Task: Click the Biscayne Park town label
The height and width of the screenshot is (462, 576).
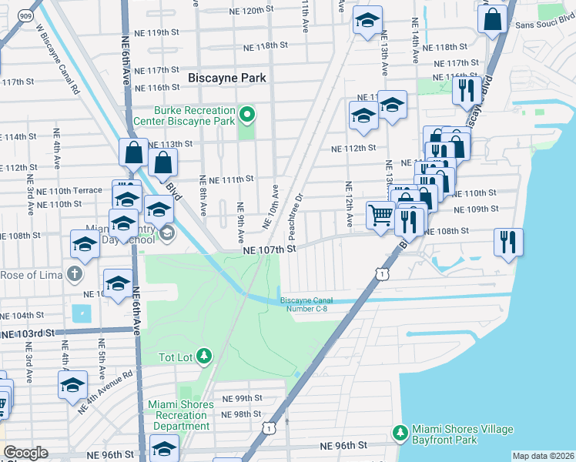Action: point(227,78)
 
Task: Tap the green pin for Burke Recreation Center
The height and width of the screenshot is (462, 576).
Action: point(247,116)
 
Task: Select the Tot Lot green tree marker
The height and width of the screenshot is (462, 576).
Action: point(204,356)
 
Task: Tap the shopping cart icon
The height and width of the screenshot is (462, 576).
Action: point(380,216)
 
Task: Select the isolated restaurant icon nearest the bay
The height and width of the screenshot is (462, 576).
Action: point(508,242)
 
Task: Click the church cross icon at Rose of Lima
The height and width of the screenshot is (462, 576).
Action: point(74,274)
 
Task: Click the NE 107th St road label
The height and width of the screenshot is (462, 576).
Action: point(270,250)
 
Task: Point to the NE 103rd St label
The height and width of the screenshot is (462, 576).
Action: point(29,333)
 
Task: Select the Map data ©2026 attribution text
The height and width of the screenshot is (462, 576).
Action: point(542,456)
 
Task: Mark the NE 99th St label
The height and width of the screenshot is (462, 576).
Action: point(243,398)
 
